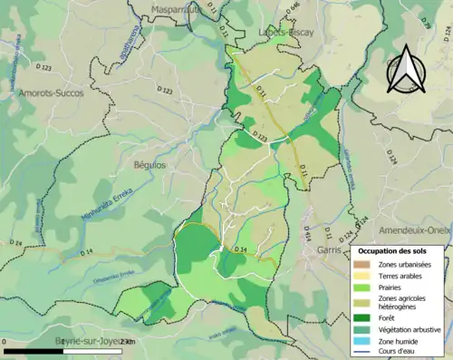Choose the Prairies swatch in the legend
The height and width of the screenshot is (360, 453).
pos(363,286)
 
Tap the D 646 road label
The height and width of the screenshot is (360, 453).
pos(293,11)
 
